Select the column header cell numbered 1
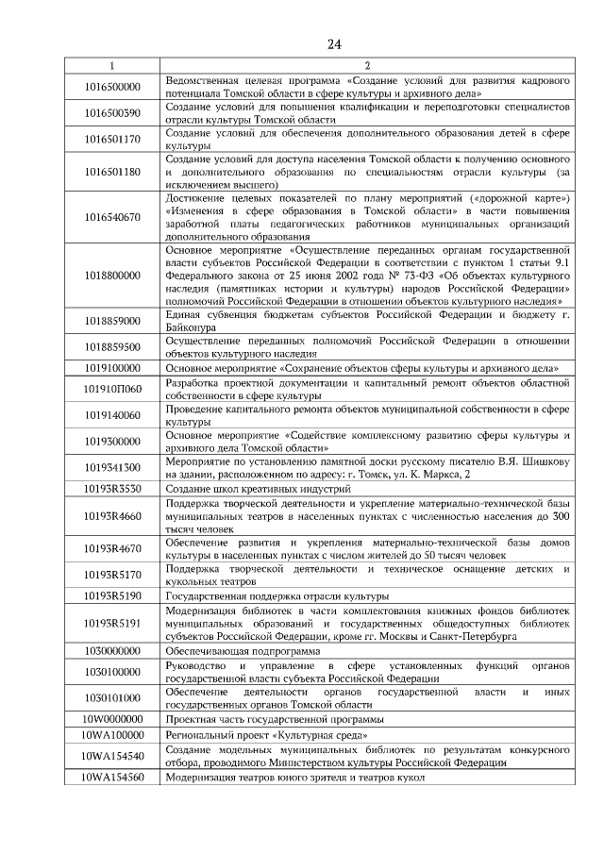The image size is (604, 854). point(111,65)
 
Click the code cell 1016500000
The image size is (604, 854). point(111,87)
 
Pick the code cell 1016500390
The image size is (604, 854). point(111,113)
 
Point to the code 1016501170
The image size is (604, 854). point(111,140)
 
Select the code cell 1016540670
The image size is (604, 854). point(111,217)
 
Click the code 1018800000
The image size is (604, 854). point(111,275)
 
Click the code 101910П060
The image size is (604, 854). point(111,389)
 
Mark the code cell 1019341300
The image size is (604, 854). point(111,467)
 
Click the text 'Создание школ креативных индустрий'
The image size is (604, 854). point(258,489)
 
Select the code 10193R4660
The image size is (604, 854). point(111,517)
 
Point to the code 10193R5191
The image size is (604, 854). point(111,624)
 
